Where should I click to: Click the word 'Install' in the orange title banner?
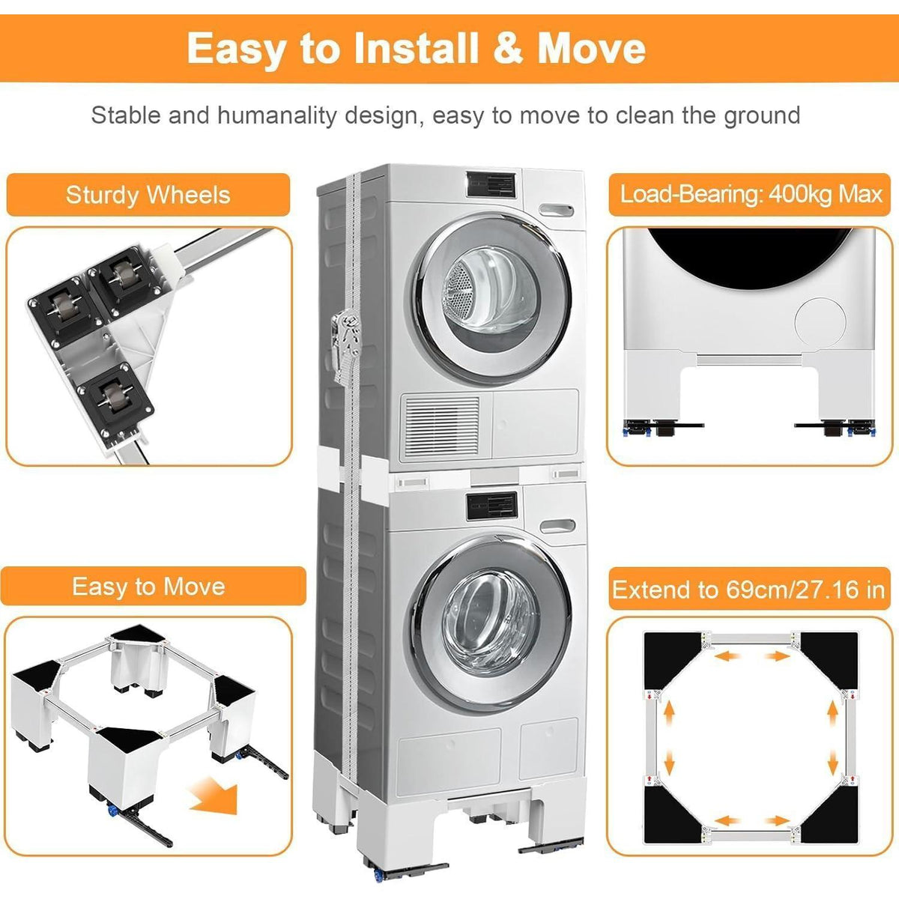[416, 49]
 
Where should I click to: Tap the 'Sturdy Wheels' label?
[148, 195]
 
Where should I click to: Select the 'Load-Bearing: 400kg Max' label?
[751, 193]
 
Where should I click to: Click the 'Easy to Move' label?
[148, 586]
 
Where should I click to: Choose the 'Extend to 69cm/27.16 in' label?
[748, 590]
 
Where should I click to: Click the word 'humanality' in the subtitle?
[277, 115]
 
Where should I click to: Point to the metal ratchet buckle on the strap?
[346, 344]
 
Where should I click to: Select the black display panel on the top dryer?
[491, 185]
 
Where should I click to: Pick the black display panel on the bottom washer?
[491, 507]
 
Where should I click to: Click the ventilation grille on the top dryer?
[441, 426]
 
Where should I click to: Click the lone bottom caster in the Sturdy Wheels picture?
[115, 398]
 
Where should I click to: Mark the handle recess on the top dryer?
[556, 210]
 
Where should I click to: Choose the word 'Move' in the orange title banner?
[592, 49]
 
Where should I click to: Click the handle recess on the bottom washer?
[557, 526]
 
